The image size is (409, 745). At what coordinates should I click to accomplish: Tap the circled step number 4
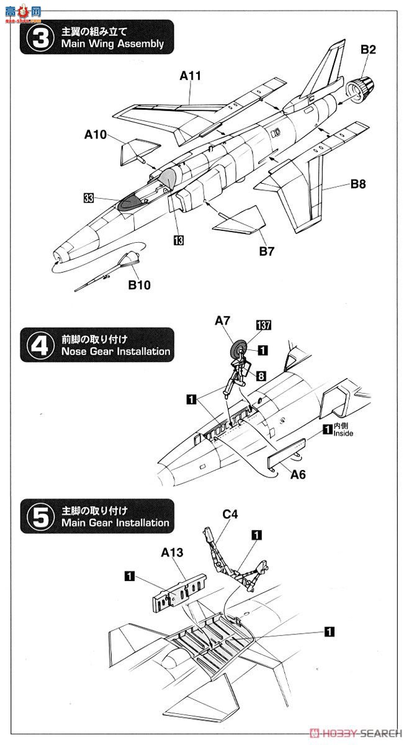40,345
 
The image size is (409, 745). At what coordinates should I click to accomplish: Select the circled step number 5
40,517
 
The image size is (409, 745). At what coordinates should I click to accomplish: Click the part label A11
191,76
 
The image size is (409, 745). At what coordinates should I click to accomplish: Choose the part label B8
359,183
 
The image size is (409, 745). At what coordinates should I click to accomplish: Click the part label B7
267,251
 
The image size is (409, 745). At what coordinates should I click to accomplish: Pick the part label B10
140,285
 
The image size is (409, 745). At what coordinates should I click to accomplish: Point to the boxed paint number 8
261,376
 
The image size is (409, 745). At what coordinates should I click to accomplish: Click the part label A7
223,320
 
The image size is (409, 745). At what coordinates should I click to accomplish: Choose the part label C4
230,514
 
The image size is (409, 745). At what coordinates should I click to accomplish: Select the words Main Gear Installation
115,523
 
